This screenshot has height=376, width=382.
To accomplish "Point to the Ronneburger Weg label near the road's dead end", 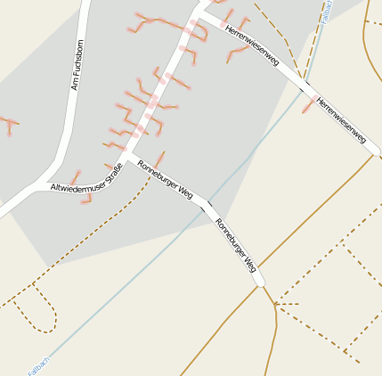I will [237, 245].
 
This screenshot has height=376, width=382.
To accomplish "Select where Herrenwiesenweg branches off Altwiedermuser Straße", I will [201, 15].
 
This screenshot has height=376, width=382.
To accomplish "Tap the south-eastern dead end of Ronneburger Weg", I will [260, 283].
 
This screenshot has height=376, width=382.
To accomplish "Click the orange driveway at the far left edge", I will [8, 124].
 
